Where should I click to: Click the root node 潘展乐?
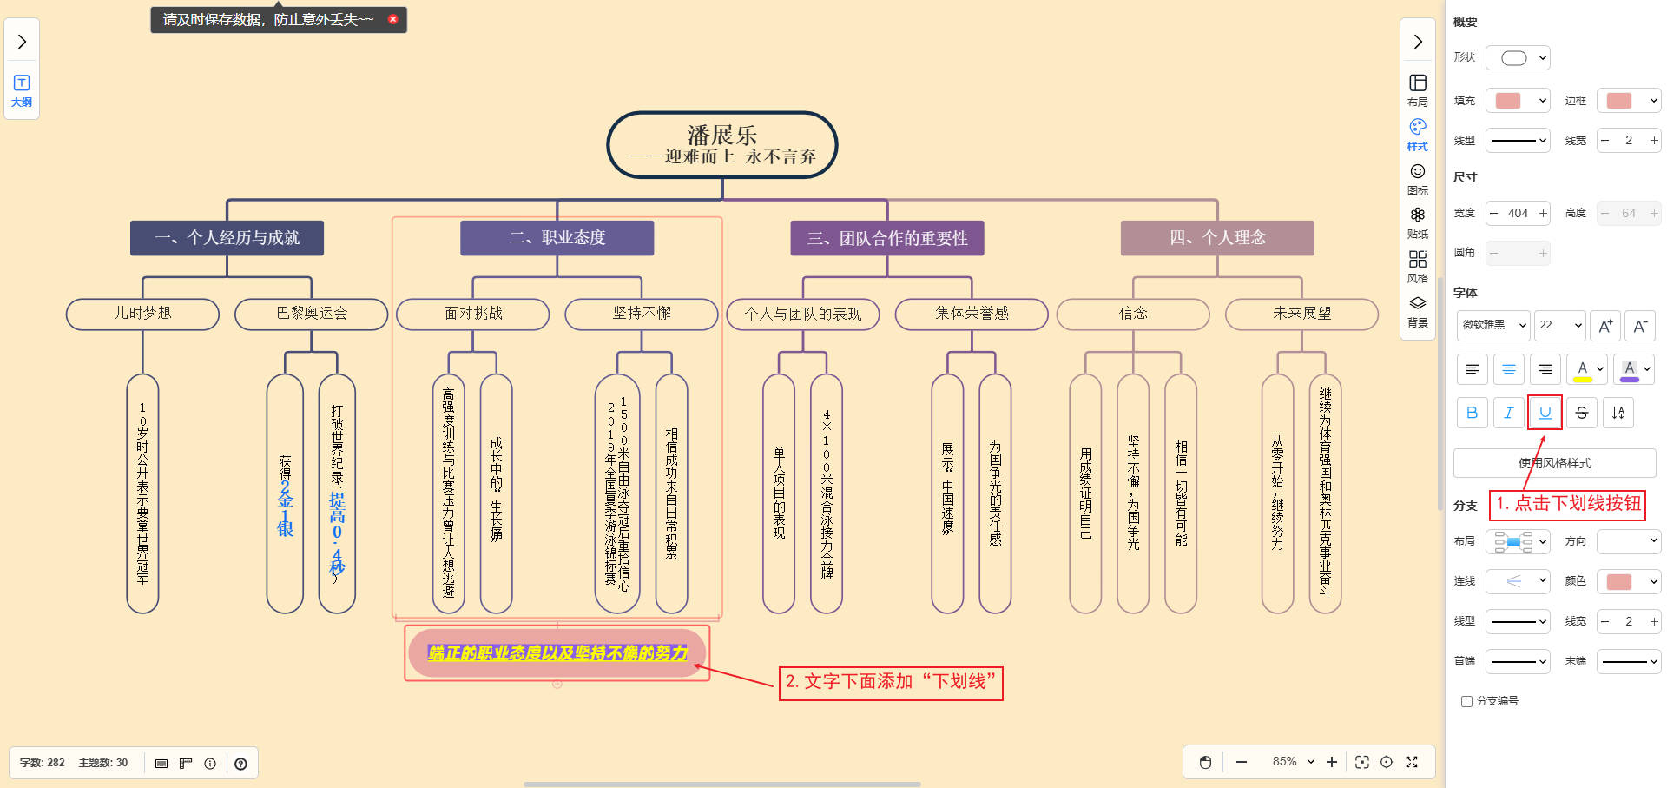coord(721,145)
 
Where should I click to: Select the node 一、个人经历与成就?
coord(227,238)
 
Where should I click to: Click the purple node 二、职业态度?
coord(557,238)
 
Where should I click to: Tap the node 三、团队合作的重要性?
coord(886,238)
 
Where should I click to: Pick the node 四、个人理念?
coord(1217,238)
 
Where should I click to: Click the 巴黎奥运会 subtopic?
coord(311,314)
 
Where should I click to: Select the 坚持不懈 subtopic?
coord(642,314)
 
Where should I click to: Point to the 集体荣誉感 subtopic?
coord(972,314)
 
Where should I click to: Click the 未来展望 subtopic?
coord(1301,314)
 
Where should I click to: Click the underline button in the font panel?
coord(1545,413)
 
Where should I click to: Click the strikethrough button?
coord(1581,413)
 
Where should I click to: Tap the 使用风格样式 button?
coord(1554,463)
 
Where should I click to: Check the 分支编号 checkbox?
coord(1466,701)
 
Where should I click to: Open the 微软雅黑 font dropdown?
coord(1493,325)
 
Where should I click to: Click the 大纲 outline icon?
coord(22,89)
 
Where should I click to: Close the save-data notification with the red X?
coord(392,19)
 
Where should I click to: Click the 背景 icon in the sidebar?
coord(1417,310)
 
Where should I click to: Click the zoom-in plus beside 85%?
coord(1332,762)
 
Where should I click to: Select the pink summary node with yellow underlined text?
coord(557,653)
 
